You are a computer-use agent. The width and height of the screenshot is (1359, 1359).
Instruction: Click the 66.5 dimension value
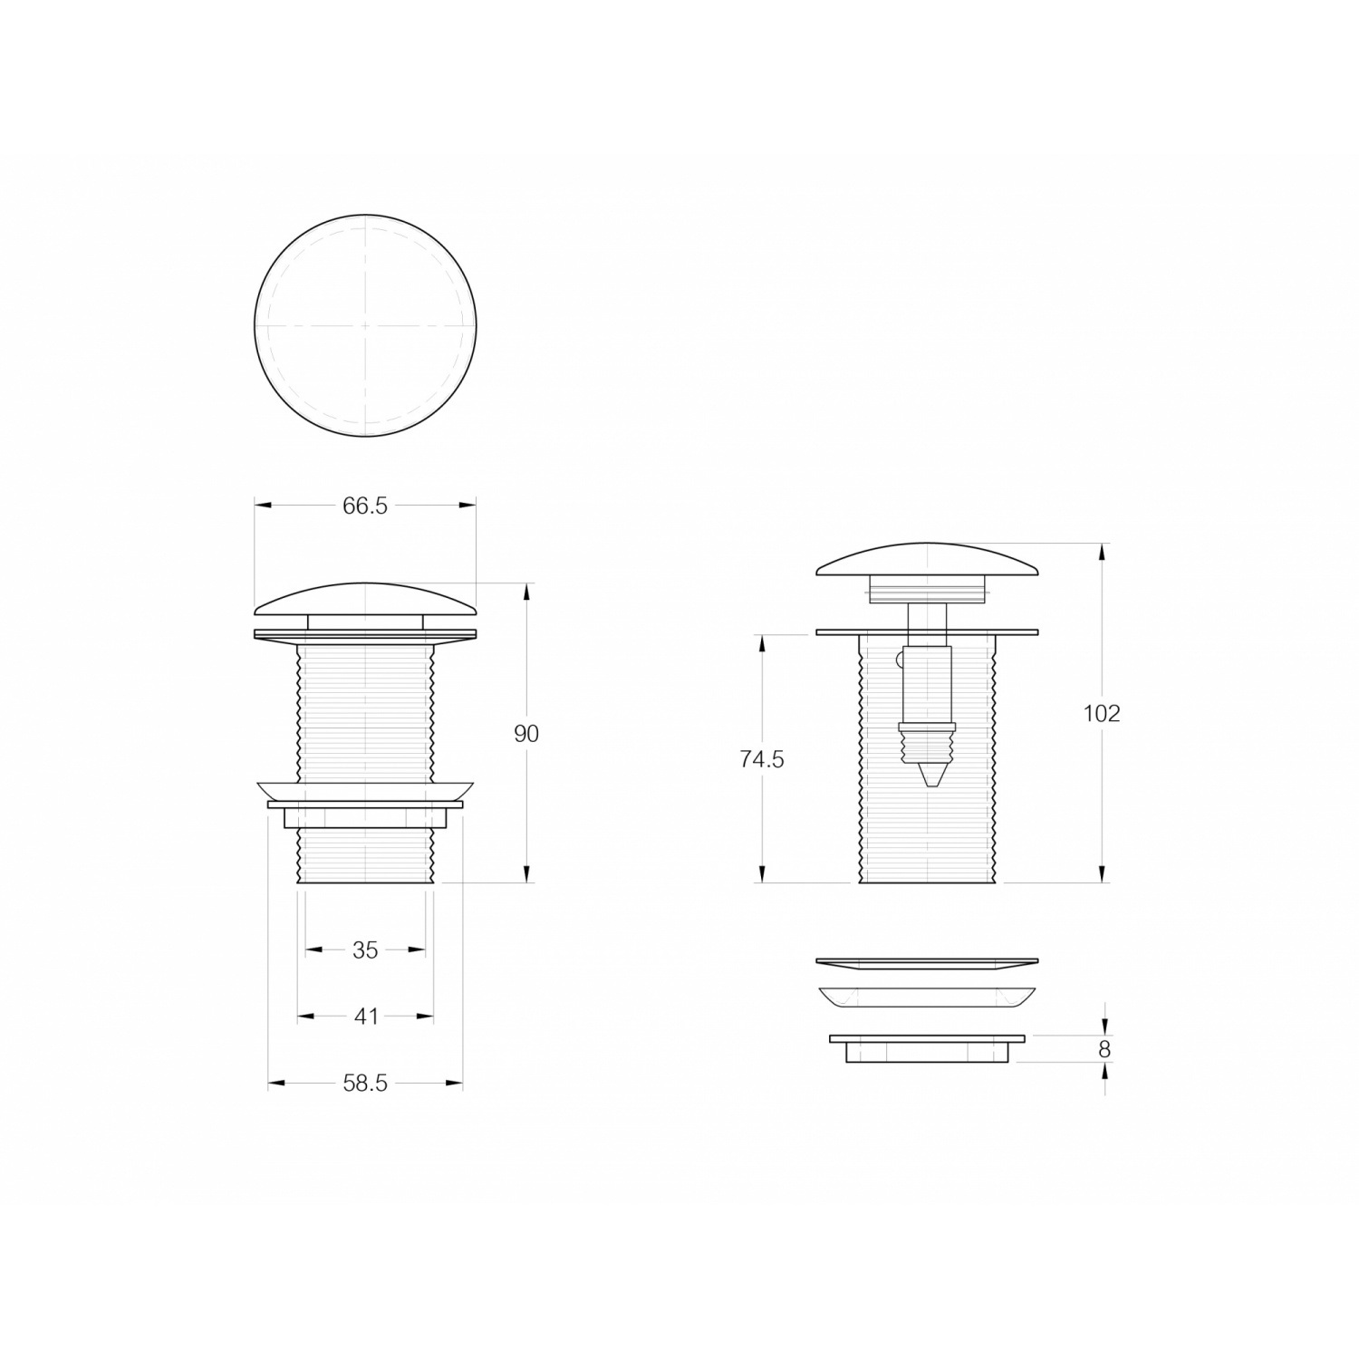pyautogui.click(x=365, y=506)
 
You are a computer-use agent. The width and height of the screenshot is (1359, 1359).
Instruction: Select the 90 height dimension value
pyautogui.click(x=526, y=734)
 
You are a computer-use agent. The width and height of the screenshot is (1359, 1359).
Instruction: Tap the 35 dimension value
pyautogui.click(x=365, y=949)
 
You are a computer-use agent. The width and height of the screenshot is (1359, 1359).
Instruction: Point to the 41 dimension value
pyautogui.click(x=366, y=1017)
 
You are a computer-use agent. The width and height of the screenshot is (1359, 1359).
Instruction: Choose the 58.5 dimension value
pyautogui.click(x=365, y=1083)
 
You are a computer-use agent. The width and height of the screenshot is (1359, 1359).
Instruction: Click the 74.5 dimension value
pyautogui.click(x=762, y=759)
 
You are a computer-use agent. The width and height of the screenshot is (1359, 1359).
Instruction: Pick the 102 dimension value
pyautogui.click(x=1102, y=713)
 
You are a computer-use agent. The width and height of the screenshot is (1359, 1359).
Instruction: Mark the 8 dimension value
pyautogui.click(x=1104, y=1049)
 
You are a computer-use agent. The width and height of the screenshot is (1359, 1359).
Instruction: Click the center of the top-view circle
pyautogui.click(x=365, y=325)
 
